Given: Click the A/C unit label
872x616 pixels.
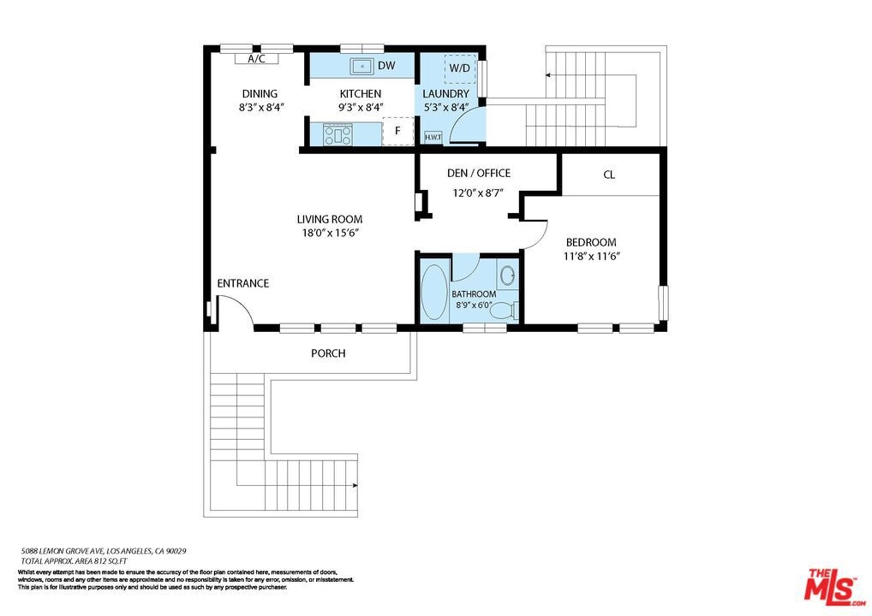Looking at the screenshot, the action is pos(256,59).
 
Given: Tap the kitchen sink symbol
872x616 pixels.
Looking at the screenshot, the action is pos(361,66).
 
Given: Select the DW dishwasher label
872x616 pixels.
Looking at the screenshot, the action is pos(386,66).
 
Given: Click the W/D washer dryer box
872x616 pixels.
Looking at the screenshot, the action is pos(460,68).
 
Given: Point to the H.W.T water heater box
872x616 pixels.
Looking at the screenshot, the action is pos(433,137).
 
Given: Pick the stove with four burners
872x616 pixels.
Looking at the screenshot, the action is pos(338,134).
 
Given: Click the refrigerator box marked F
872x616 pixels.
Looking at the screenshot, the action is pos(398,131).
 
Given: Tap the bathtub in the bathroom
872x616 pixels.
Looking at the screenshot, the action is pos(433,292).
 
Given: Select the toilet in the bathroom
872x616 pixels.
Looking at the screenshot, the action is pos(505,310).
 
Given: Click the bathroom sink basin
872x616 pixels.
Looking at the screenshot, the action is pos(506,275).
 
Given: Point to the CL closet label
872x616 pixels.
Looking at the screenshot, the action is pos(609,175).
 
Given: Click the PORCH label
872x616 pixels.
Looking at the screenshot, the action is pos(328,353).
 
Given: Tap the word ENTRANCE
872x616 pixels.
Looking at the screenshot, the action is pos(243,283).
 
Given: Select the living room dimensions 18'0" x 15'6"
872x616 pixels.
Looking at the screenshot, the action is pos(330,234).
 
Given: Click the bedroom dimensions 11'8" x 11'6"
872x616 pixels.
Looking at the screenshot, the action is pos(592,256).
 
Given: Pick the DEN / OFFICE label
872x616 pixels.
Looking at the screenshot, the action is pos(479,174).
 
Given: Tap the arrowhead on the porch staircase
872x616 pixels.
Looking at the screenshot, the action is pos(355,485).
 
